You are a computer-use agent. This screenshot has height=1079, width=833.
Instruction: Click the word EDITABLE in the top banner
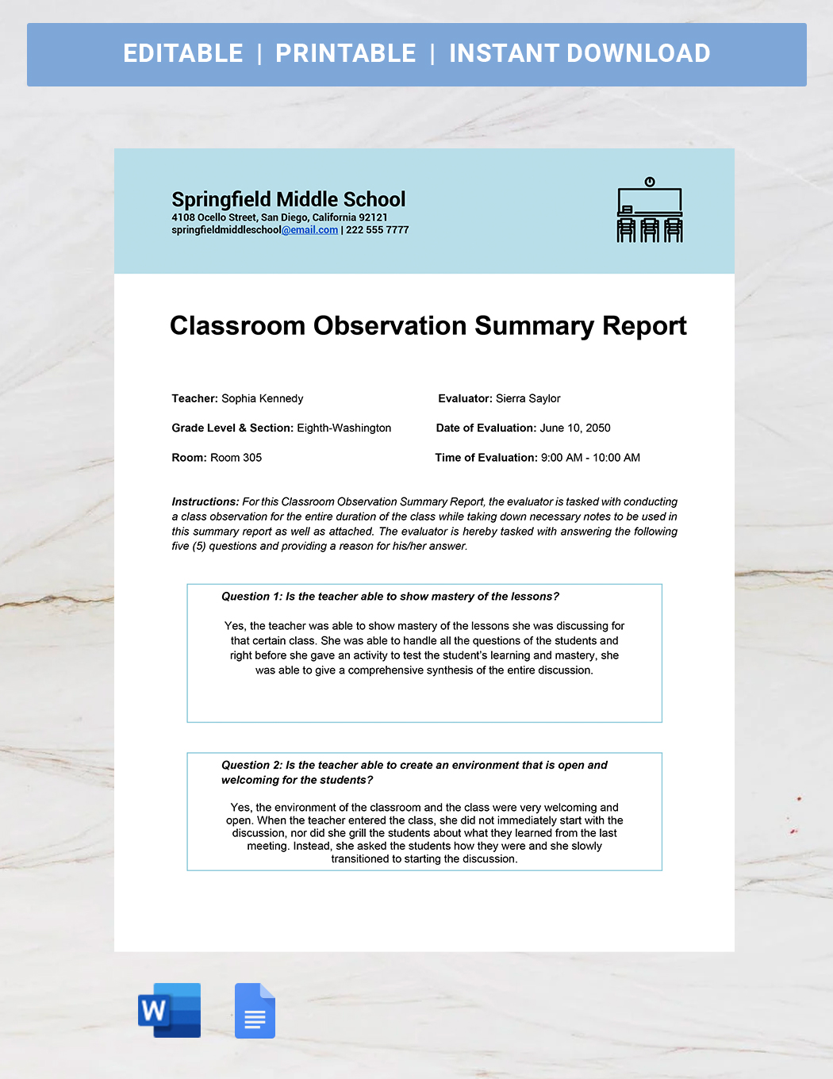click(x=183, y=53)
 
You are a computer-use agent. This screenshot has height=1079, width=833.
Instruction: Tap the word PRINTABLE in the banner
click(x=345, y=53)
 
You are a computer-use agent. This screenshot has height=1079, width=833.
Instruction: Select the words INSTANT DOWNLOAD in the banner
click(x=579, y=53)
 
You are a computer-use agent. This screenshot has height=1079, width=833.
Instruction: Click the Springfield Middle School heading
click(x=288, y=199)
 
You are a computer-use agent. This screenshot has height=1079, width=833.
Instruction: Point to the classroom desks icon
click(x=650, y=210)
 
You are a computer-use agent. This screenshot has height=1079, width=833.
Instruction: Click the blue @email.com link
click(x=310, y=230)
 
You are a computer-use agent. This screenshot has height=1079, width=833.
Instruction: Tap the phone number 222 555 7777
click(x=378, y=230)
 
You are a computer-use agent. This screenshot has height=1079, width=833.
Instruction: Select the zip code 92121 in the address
click(x=373, y=217)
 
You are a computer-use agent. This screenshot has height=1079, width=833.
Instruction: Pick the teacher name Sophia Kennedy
click(x=262, y=398)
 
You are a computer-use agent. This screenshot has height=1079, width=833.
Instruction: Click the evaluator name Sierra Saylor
click(x=528, y=398)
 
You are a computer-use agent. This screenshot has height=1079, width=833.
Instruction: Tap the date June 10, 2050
click(x=575, y=428)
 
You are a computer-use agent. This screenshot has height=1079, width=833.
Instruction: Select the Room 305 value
click(x=236, y=458)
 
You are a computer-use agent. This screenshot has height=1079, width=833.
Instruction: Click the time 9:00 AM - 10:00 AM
click(x=590, y=458)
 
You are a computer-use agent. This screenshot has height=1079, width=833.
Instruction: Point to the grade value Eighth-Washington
click(x=344, y=428)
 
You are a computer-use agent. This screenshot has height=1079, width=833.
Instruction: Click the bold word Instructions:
click(x=205, y=501)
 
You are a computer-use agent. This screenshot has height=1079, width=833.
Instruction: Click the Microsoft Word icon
click(x=169, y=1010)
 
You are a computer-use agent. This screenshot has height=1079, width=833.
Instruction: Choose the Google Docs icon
click(x=255, y=1011)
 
